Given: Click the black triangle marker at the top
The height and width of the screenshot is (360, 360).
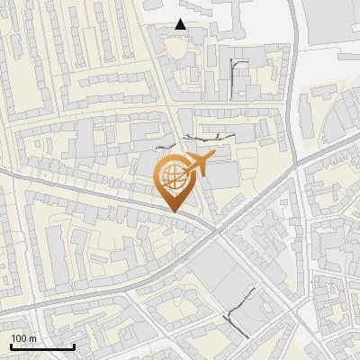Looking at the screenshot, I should tap(181, 24).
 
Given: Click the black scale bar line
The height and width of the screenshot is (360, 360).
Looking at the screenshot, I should tap(41, 346).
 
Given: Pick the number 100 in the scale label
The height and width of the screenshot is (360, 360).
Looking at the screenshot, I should tap(19, 338).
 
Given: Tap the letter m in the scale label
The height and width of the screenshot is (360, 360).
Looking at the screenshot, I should tap(32, 338).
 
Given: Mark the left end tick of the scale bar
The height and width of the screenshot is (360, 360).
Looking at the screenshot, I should tap(10, 345).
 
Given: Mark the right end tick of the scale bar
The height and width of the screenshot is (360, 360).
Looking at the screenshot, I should tap(74, 345).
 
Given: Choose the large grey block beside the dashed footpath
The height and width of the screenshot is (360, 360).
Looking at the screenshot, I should tap(216, 270).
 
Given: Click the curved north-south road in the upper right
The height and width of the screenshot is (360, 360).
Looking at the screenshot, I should tap(294, 72).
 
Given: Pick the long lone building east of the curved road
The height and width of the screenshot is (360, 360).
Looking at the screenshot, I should tap(305, 117).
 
